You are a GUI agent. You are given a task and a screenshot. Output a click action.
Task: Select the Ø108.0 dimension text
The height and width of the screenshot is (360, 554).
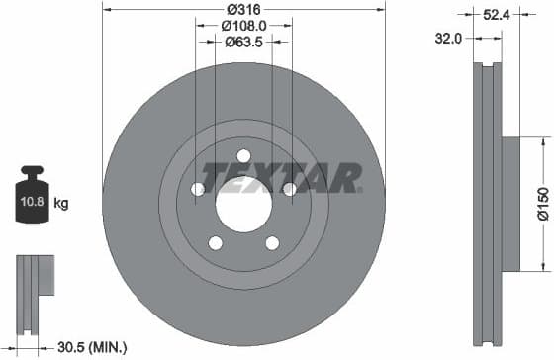243,25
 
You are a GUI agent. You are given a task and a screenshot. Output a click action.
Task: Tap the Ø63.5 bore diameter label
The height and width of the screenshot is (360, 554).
243,42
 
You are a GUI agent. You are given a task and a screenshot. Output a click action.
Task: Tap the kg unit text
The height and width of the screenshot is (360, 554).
61,204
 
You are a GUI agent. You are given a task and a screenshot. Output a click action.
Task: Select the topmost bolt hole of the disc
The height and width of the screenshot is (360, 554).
243,155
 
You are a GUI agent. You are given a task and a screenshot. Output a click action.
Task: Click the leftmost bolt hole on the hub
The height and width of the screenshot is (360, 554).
198,189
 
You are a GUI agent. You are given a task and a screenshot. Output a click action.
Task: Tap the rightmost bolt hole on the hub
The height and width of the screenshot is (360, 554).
289,189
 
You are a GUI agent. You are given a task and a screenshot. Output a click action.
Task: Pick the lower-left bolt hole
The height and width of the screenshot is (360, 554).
215,242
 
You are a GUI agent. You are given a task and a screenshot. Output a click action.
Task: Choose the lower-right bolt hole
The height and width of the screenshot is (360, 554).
272,242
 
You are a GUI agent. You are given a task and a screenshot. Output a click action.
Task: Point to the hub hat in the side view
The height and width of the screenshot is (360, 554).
510,203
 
